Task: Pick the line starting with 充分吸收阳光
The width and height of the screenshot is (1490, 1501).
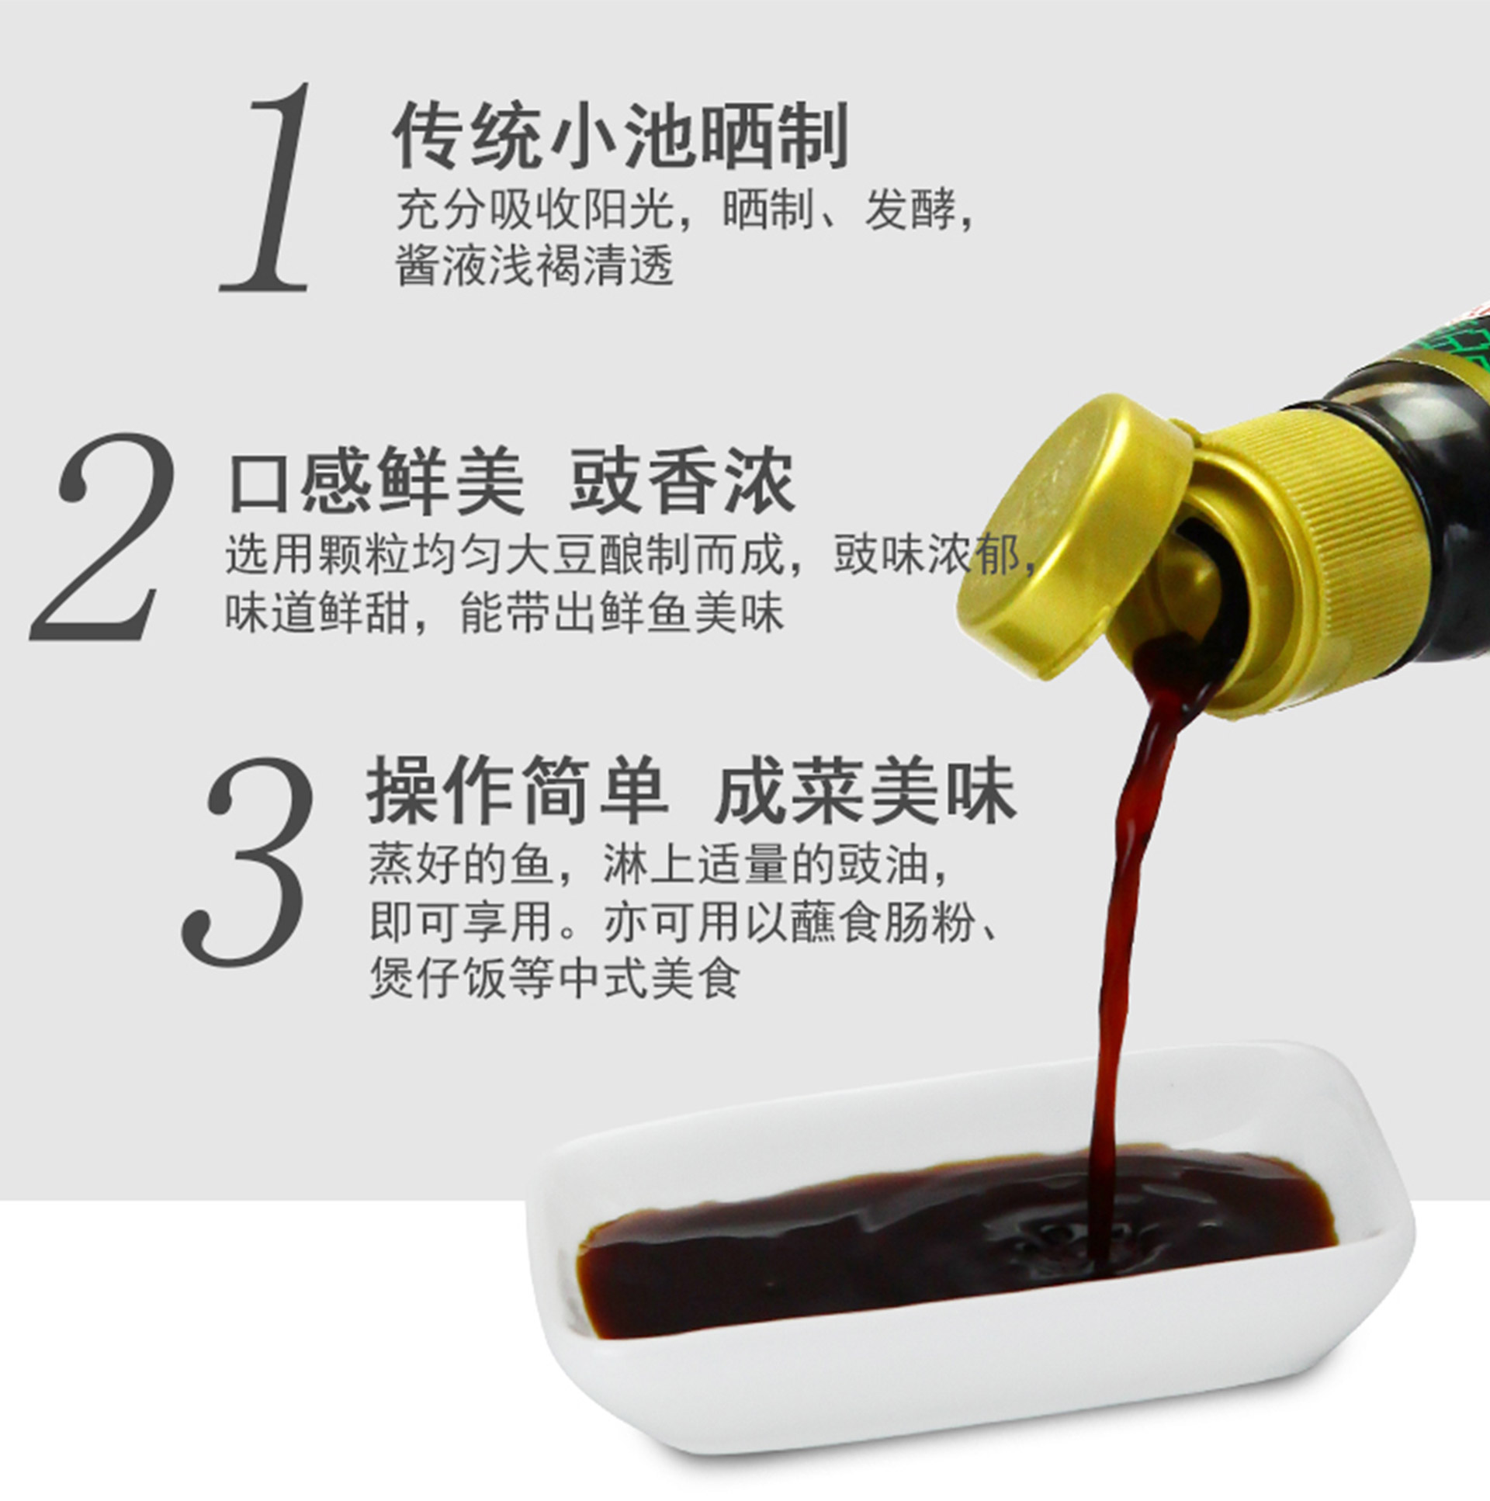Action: (x=685, y=210)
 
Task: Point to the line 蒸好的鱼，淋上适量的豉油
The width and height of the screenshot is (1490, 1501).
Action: (x=660, y=864)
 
